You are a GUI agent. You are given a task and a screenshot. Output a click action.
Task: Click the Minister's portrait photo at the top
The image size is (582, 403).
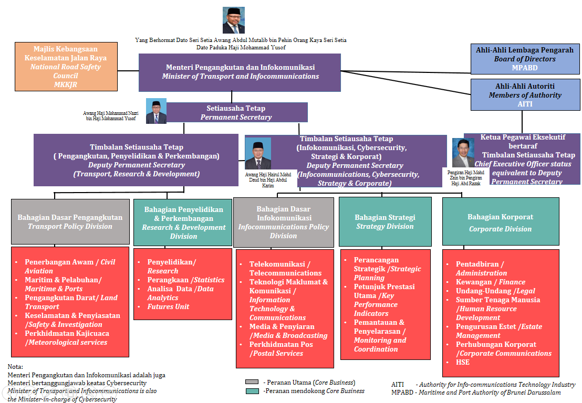(x=233, y=20)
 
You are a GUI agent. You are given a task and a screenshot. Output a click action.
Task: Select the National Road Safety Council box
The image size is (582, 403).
(x=66, y=67)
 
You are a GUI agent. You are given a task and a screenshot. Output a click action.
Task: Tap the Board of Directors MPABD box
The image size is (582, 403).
(x=525, y=59)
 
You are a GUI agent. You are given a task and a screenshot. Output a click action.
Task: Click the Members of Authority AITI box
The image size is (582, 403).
(x=525, y=95)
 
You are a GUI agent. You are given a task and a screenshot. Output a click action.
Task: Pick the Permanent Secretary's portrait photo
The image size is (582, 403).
(x=156, y=111)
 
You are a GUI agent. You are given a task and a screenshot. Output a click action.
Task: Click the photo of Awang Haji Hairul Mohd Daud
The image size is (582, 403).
(x=258, y=153)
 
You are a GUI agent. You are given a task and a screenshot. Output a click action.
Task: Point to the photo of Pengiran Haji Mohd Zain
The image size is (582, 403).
(x=463, y=153)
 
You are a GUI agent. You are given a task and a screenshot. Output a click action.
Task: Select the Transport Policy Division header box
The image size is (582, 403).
(x=70, y=221)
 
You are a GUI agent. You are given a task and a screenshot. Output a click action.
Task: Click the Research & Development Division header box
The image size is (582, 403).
(x=183, y=222)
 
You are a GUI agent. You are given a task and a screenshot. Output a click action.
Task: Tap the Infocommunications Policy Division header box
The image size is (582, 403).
(x=283, y=222)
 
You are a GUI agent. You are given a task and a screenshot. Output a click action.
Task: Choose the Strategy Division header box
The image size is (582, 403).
(x=385, y=222)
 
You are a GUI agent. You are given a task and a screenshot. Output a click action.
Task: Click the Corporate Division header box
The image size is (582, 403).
(x=500, y=222)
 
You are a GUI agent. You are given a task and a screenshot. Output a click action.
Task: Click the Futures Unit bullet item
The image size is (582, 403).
(x=168, y=306)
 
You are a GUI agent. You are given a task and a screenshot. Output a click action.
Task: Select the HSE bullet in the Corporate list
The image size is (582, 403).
(x=463, y=362)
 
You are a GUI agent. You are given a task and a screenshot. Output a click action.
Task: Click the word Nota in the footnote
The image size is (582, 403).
(x=16, y=366)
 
